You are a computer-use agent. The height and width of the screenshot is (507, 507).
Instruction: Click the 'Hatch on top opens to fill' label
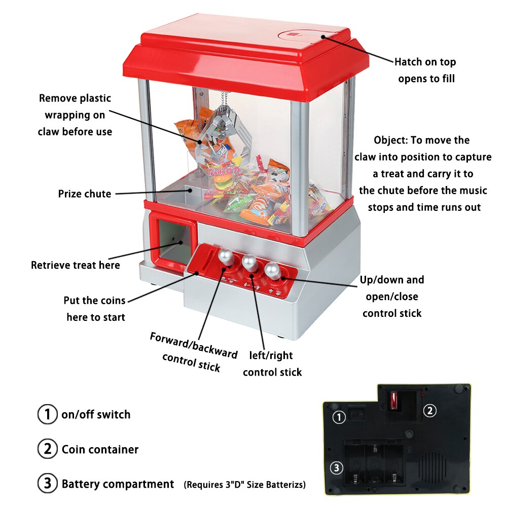pyautogui.click(x=425, y=70)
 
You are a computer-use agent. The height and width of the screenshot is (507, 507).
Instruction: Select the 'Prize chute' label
pyautogui.click(x=84, y=194)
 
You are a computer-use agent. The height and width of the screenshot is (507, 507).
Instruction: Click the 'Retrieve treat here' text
pyautogui.click(x=76, y=265)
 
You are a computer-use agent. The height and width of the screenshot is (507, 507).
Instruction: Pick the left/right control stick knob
pyautogui.click(x=249, y=262)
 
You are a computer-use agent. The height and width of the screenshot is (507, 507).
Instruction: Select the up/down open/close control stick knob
pyautogui.click(x=273, y=270)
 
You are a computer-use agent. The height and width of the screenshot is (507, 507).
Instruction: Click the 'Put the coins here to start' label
pyautogui.click(x=95, y=309)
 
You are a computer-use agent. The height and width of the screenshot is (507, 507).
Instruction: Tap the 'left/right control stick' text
pyautogui.click(x=272, y=364)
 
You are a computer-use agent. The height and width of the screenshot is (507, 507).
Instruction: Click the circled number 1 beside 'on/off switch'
pyautogui.click(x=47, y=414)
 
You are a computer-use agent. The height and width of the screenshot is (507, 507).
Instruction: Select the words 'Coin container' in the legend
pyautogui.click(x=100, y=449)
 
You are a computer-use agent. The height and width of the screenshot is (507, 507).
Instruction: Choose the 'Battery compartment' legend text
pyautogui.click(x=118, y=484)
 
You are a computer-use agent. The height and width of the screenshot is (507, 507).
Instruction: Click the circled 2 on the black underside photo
pyautogui.click(x=429, y=411)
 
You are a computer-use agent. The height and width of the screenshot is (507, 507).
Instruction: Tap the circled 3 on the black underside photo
pyautogui.click(x=338, y=468)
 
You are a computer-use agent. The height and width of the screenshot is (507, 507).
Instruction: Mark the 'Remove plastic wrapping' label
pyautogui.click(x=75, y=115)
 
